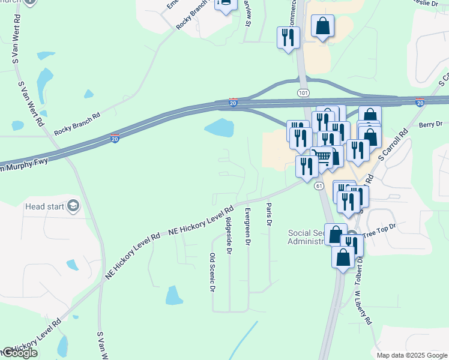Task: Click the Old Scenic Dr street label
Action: [212, 272]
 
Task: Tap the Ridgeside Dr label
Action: [228, 236]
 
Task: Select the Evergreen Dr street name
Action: [247, 227]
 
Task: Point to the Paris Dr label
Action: [269, 214]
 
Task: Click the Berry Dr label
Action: [430, 124]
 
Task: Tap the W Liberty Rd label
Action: [364, 308]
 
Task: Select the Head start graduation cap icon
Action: [73, 206]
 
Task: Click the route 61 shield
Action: [319, 187]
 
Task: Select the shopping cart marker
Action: [322, 157]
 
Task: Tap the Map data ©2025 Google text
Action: [412, 355]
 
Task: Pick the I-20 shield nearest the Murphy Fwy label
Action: [114, 139]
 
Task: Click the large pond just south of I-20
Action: [219, 127]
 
